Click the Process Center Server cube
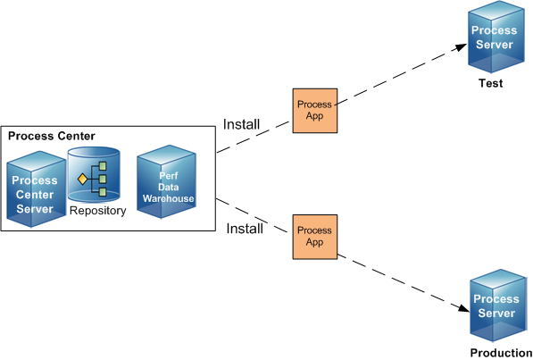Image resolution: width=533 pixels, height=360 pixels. pyautogui.click(x=36, y=189)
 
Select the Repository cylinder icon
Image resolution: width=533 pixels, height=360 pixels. pyautogui.click(x=94, y=175)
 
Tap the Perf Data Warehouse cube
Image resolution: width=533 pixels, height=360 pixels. pyautogui.click(x=166, y=181)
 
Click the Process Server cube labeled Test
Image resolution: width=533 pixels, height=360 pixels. pyautogui.click(x=496, y=37)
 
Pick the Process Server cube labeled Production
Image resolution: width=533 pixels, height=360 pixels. pyautogui.click(x=498, y=306)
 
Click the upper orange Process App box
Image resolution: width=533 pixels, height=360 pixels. pyautogui.click(x=315, y=111)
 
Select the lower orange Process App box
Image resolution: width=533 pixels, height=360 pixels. pyautogui.click(x=315, y=237)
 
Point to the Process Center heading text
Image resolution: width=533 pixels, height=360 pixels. pyautogui.click(x=51, y=136)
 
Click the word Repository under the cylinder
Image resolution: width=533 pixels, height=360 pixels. pyautogui.click(x=97, y=211)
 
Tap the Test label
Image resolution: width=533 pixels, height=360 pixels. pyautogui.click(x=490, y=83)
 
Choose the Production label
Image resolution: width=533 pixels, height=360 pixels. pyautogui.click(x=501, y=353)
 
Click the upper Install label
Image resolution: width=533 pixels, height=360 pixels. pyautogui.click(x=241, y=124)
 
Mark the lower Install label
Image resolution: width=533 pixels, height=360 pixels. pyautogui.click(x=245, y=229)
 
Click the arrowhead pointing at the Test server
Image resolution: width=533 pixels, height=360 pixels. pyautogui.click(x=462, y=47)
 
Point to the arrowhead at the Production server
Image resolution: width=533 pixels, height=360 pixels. pyautogui.click(x=463, y=307)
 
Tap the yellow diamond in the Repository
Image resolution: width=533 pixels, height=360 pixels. pyautogui.click(x=83, y=179)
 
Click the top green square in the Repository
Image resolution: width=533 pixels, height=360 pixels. pyautogui.click(x=103, y=166)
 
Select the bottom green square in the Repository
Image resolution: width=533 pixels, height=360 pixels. pyautogui.click(x=103, y=192)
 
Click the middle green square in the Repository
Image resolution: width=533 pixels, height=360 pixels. pyautogui.click(x=103, y=179)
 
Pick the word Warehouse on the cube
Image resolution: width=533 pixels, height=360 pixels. pyautogui.click(x=168, y=198)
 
